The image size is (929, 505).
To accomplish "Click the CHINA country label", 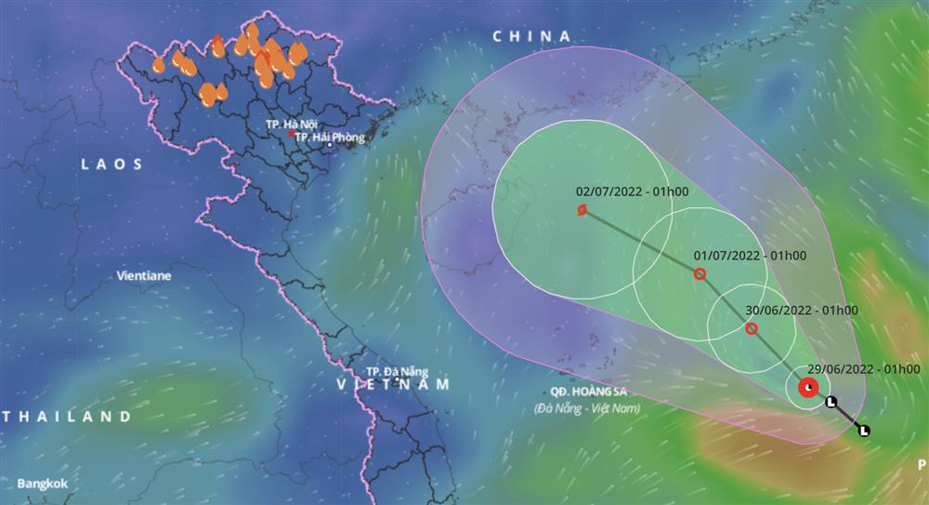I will point(531,36).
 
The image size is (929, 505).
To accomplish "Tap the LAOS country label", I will point(112,164).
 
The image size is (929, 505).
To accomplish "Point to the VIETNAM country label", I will point(393,384).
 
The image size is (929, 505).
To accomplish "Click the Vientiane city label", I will point(145,276).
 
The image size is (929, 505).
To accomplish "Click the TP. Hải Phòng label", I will point(330,137).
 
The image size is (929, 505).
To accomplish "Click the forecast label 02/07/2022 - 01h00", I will point(632,193).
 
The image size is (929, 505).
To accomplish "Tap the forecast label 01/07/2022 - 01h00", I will point(750,256).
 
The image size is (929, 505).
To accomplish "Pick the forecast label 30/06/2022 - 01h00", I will point(802,311).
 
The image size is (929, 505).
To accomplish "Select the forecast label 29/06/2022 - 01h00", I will point(867,369).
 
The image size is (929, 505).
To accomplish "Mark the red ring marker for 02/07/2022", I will point(582,210).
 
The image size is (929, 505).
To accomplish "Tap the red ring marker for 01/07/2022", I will point(700,273).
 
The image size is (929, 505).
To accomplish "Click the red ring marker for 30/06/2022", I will point(752,328).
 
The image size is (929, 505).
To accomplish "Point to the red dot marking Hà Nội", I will point(291,134).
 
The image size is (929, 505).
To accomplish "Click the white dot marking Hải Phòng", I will point(328,145).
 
